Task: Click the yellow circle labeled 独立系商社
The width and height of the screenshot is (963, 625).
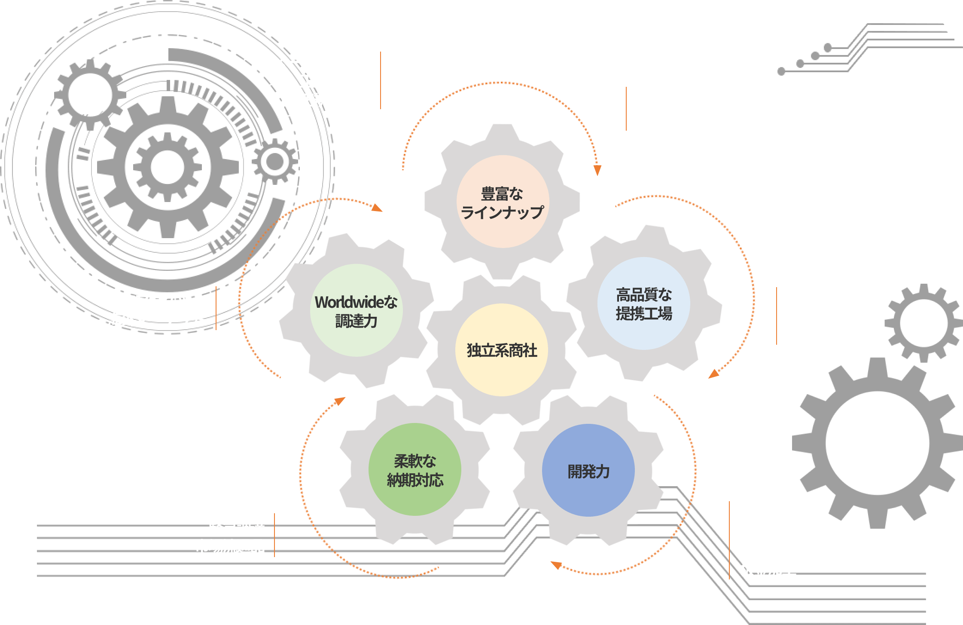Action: click(x=501, y=350)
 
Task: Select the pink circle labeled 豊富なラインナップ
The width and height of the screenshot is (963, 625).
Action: click(x=503, y=202)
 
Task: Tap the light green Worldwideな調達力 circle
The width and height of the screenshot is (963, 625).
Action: click(x=356, y=310)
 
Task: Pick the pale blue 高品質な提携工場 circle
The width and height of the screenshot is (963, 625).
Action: click(x=643, y=303)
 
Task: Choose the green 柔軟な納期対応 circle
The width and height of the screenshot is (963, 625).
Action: click(x=415, y=470)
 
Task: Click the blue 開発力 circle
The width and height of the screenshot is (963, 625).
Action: click(x=588, y=471)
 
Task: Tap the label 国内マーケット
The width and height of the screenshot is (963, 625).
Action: click(x=155, y=300)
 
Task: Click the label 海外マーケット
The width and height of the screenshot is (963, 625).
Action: click(x=155, y=319)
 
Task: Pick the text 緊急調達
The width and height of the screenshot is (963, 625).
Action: click(x=237, y=527)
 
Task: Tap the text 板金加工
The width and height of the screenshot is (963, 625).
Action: click(x=768, y=570)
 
